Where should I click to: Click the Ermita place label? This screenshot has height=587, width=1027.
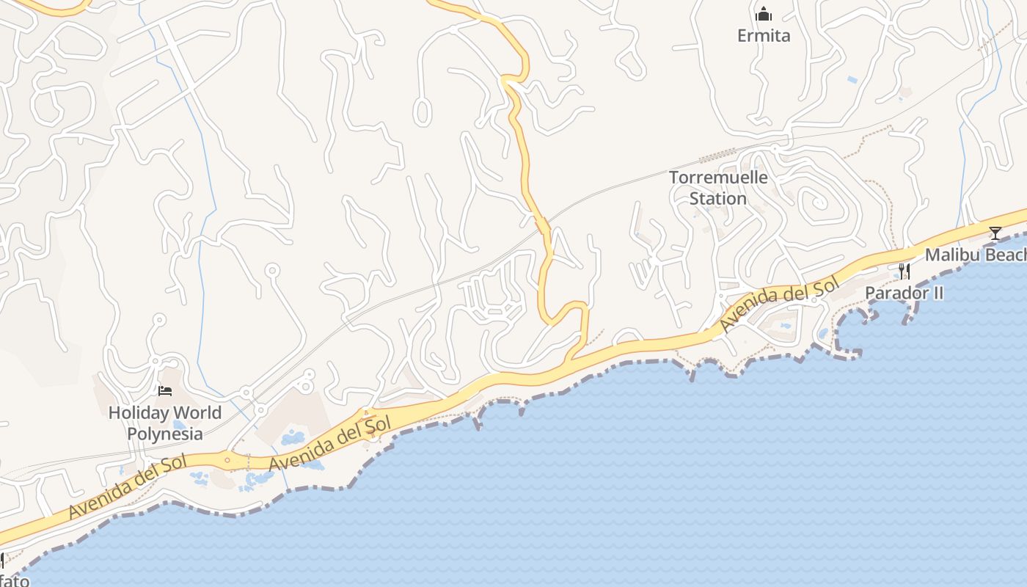(x=764, y=35)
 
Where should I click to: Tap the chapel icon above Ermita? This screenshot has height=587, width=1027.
(x=764, y=14)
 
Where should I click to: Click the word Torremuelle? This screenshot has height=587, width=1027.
(x=718, y=178)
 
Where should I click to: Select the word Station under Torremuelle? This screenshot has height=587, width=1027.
(x=718, y=199)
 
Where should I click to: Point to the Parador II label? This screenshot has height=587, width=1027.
(x=904, y=293)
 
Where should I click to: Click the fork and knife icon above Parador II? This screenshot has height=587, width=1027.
(x=904, y=271)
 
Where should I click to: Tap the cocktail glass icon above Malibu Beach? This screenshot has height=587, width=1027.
(x=995, y=233)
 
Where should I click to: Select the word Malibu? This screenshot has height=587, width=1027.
(x=951, y=255)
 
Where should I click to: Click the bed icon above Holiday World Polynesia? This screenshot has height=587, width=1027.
(x=165, y=391)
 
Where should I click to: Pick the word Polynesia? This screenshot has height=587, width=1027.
(x=165, y=434)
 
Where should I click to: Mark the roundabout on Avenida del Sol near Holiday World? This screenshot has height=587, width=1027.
(x=227, y=461)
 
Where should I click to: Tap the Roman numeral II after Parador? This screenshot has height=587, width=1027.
(x=937, y=293)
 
